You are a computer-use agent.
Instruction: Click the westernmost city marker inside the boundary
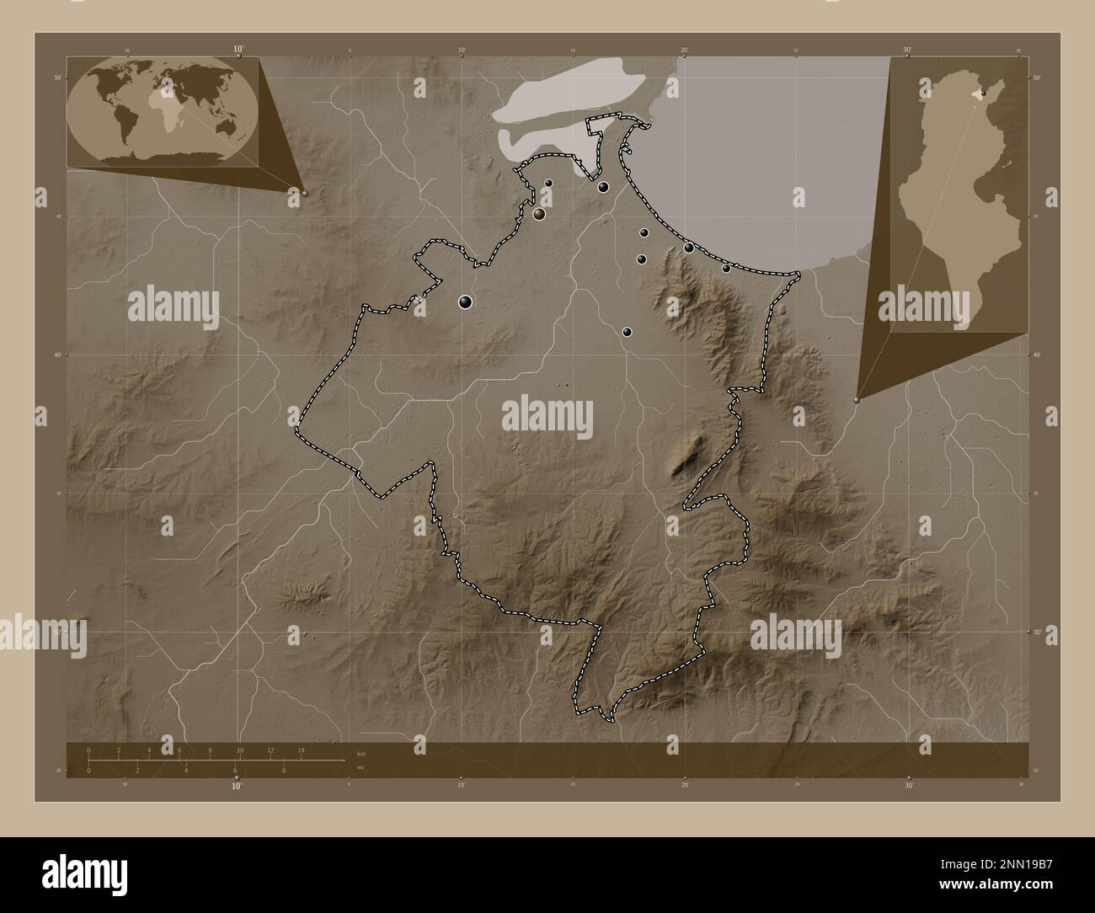[x=465, y=302]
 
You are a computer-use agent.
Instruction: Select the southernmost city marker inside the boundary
[x=627, y=332]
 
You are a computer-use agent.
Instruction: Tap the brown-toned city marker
[x=539, y=214]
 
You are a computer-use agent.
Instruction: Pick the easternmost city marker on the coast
[x=726, y=268]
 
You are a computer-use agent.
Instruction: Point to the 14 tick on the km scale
[x=301, y=750]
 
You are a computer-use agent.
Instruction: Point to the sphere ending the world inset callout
[x=305, y=193]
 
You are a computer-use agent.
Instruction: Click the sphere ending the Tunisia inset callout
[x=857, y=401]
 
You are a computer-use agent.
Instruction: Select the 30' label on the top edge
[x=907, y=50]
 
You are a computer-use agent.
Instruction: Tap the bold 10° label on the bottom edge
[x=237, y=786]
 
